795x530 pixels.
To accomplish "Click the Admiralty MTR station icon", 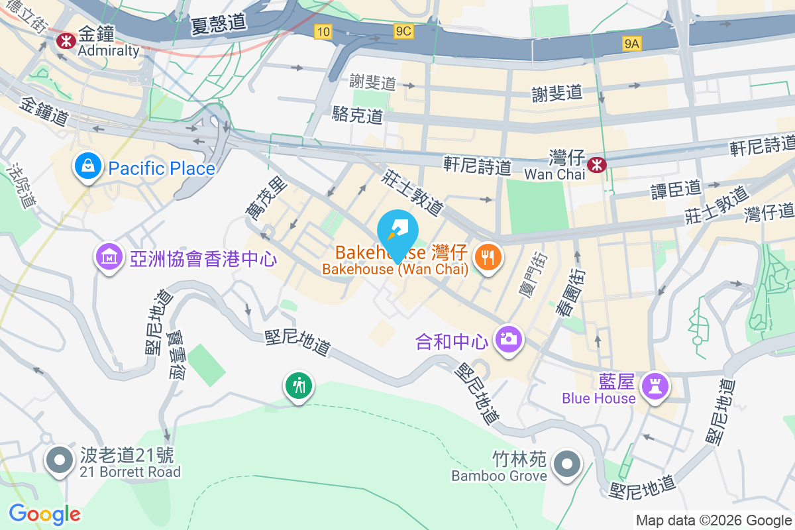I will pyautogui.click(x=66, y=41).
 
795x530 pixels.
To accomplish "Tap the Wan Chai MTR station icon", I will pyautogui.click(x=597, y=164).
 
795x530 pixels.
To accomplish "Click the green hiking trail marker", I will pyautogui.click(x=299, y=386).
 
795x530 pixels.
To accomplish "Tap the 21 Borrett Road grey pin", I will pyautogui.click(x=60, y=459).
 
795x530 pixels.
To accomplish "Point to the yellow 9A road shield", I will pyautogui.click(x=632, y=44).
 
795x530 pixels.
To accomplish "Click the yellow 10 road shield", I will pyautogui.click(x=323, y=31).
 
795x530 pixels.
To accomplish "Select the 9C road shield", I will pyautogui.click(x=402, y=31).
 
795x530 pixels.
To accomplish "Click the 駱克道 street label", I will pyautogui.click(x=358, y=116).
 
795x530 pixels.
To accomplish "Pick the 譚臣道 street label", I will pyautogui.click(x=676, y=189).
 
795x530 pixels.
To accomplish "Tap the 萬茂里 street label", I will pyautogui.click(x=264, y=199).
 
